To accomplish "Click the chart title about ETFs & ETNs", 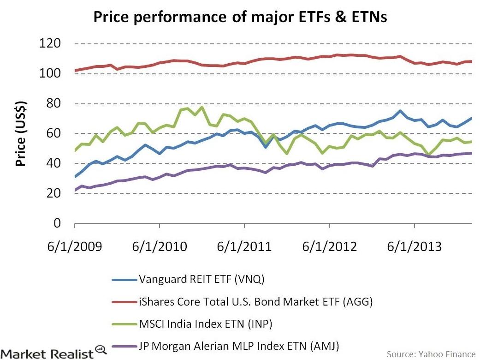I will [x=239, y=17].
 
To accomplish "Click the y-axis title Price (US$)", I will [x=21, y=134].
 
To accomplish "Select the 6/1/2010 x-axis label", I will [x=160, y=246].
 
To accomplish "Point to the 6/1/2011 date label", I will [x=244, y=246].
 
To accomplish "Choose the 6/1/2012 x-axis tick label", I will [x=330, y=246].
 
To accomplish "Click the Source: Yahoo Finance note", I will [x=431, y=354].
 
